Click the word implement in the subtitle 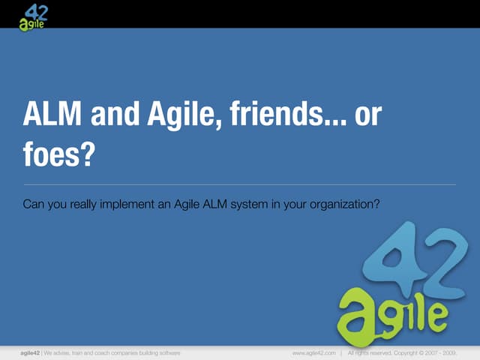(x=130, y=202)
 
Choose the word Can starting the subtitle (x=34, y=202)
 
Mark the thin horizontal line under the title (x=240, y=184)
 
